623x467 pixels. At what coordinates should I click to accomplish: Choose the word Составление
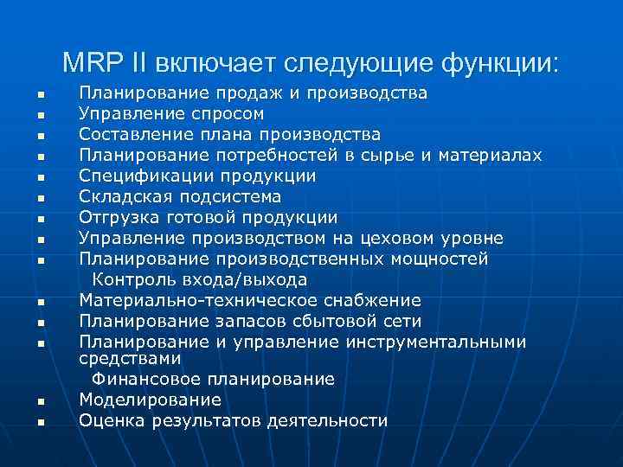(135, 135)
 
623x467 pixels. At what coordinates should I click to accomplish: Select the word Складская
(119, 197)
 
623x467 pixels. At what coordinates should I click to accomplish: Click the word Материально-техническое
(202, 300)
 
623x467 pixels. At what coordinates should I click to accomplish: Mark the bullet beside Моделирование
(41, 401)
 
